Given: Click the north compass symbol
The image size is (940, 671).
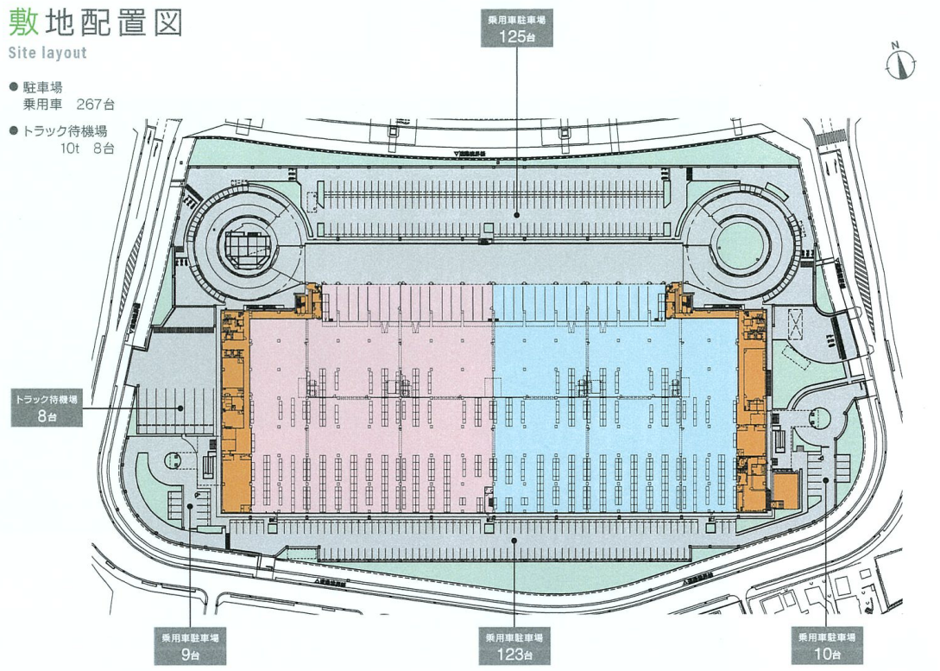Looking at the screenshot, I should tap(899, 61).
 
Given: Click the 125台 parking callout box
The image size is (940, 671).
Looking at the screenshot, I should tap(516, 29).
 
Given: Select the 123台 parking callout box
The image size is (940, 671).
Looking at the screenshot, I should tap(514, 646).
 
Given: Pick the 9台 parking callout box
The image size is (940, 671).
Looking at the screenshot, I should tap(190, 646).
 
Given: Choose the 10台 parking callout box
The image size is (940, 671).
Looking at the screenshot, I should tap(827, 646).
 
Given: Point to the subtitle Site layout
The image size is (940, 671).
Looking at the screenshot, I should tap(47, 53).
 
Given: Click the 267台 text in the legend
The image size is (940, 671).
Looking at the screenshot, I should tap(96, 104).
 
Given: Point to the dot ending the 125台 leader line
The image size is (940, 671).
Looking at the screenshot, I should tap(516, 215).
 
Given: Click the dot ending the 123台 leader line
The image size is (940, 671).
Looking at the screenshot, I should tap(514, 540).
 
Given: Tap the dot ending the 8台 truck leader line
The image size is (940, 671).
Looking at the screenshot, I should tap(180, 407).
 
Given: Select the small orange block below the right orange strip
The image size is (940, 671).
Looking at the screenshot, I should tap(785, 490).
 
